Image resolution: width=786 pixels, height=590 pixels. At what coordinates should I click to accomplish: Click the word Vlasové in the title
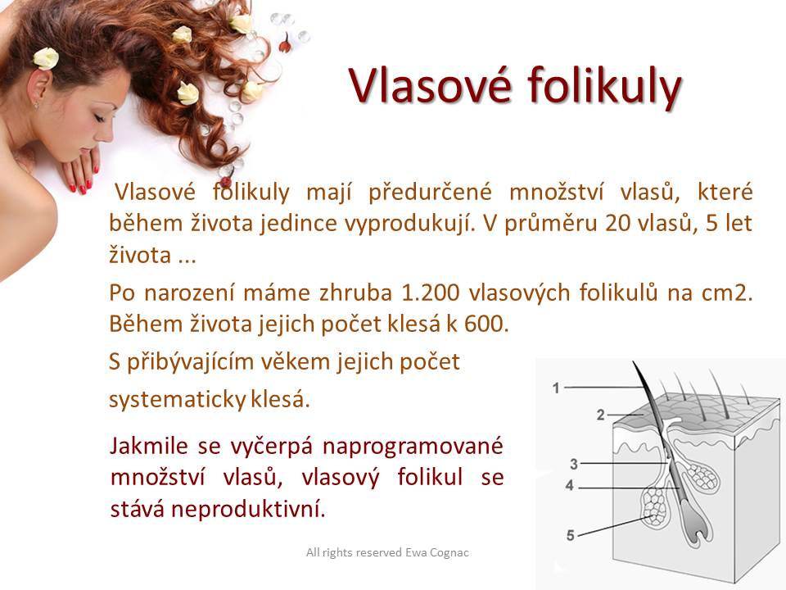(430, 84)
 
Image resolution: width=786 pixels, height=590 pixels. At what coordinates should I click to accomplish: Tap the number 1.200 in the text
(431, 293)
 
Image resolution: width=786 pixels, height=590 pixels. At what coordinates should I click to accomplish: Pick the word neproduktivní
(248, 509)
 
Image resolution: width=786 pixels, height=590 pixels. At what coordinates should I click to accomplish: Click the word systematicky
(177, 400)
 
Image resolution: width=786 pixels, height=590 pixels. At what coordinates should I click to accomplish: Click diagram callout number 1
(556, 388)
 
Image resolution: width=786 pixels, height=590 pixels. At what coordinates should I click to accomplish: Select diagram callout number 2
(600, 415)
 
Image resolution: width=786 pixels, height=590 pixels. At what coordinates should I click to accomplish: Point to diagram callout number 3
(574, 464)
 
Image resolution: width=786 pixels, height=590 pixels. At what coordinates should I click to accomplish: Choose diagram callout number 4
(569, 486)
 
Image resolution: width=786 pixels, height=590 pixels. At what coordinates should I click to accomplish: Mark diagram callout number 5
(570, 535)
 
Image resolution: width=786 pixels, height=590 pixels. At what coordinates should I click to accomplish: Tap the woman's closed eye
(99, 118)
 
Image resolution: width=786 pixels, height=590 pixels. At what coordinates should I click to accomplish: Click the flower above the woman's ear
(46, 58)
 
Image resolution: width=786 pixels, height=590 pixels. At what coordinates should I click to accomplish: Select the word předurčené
(430, 193)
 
